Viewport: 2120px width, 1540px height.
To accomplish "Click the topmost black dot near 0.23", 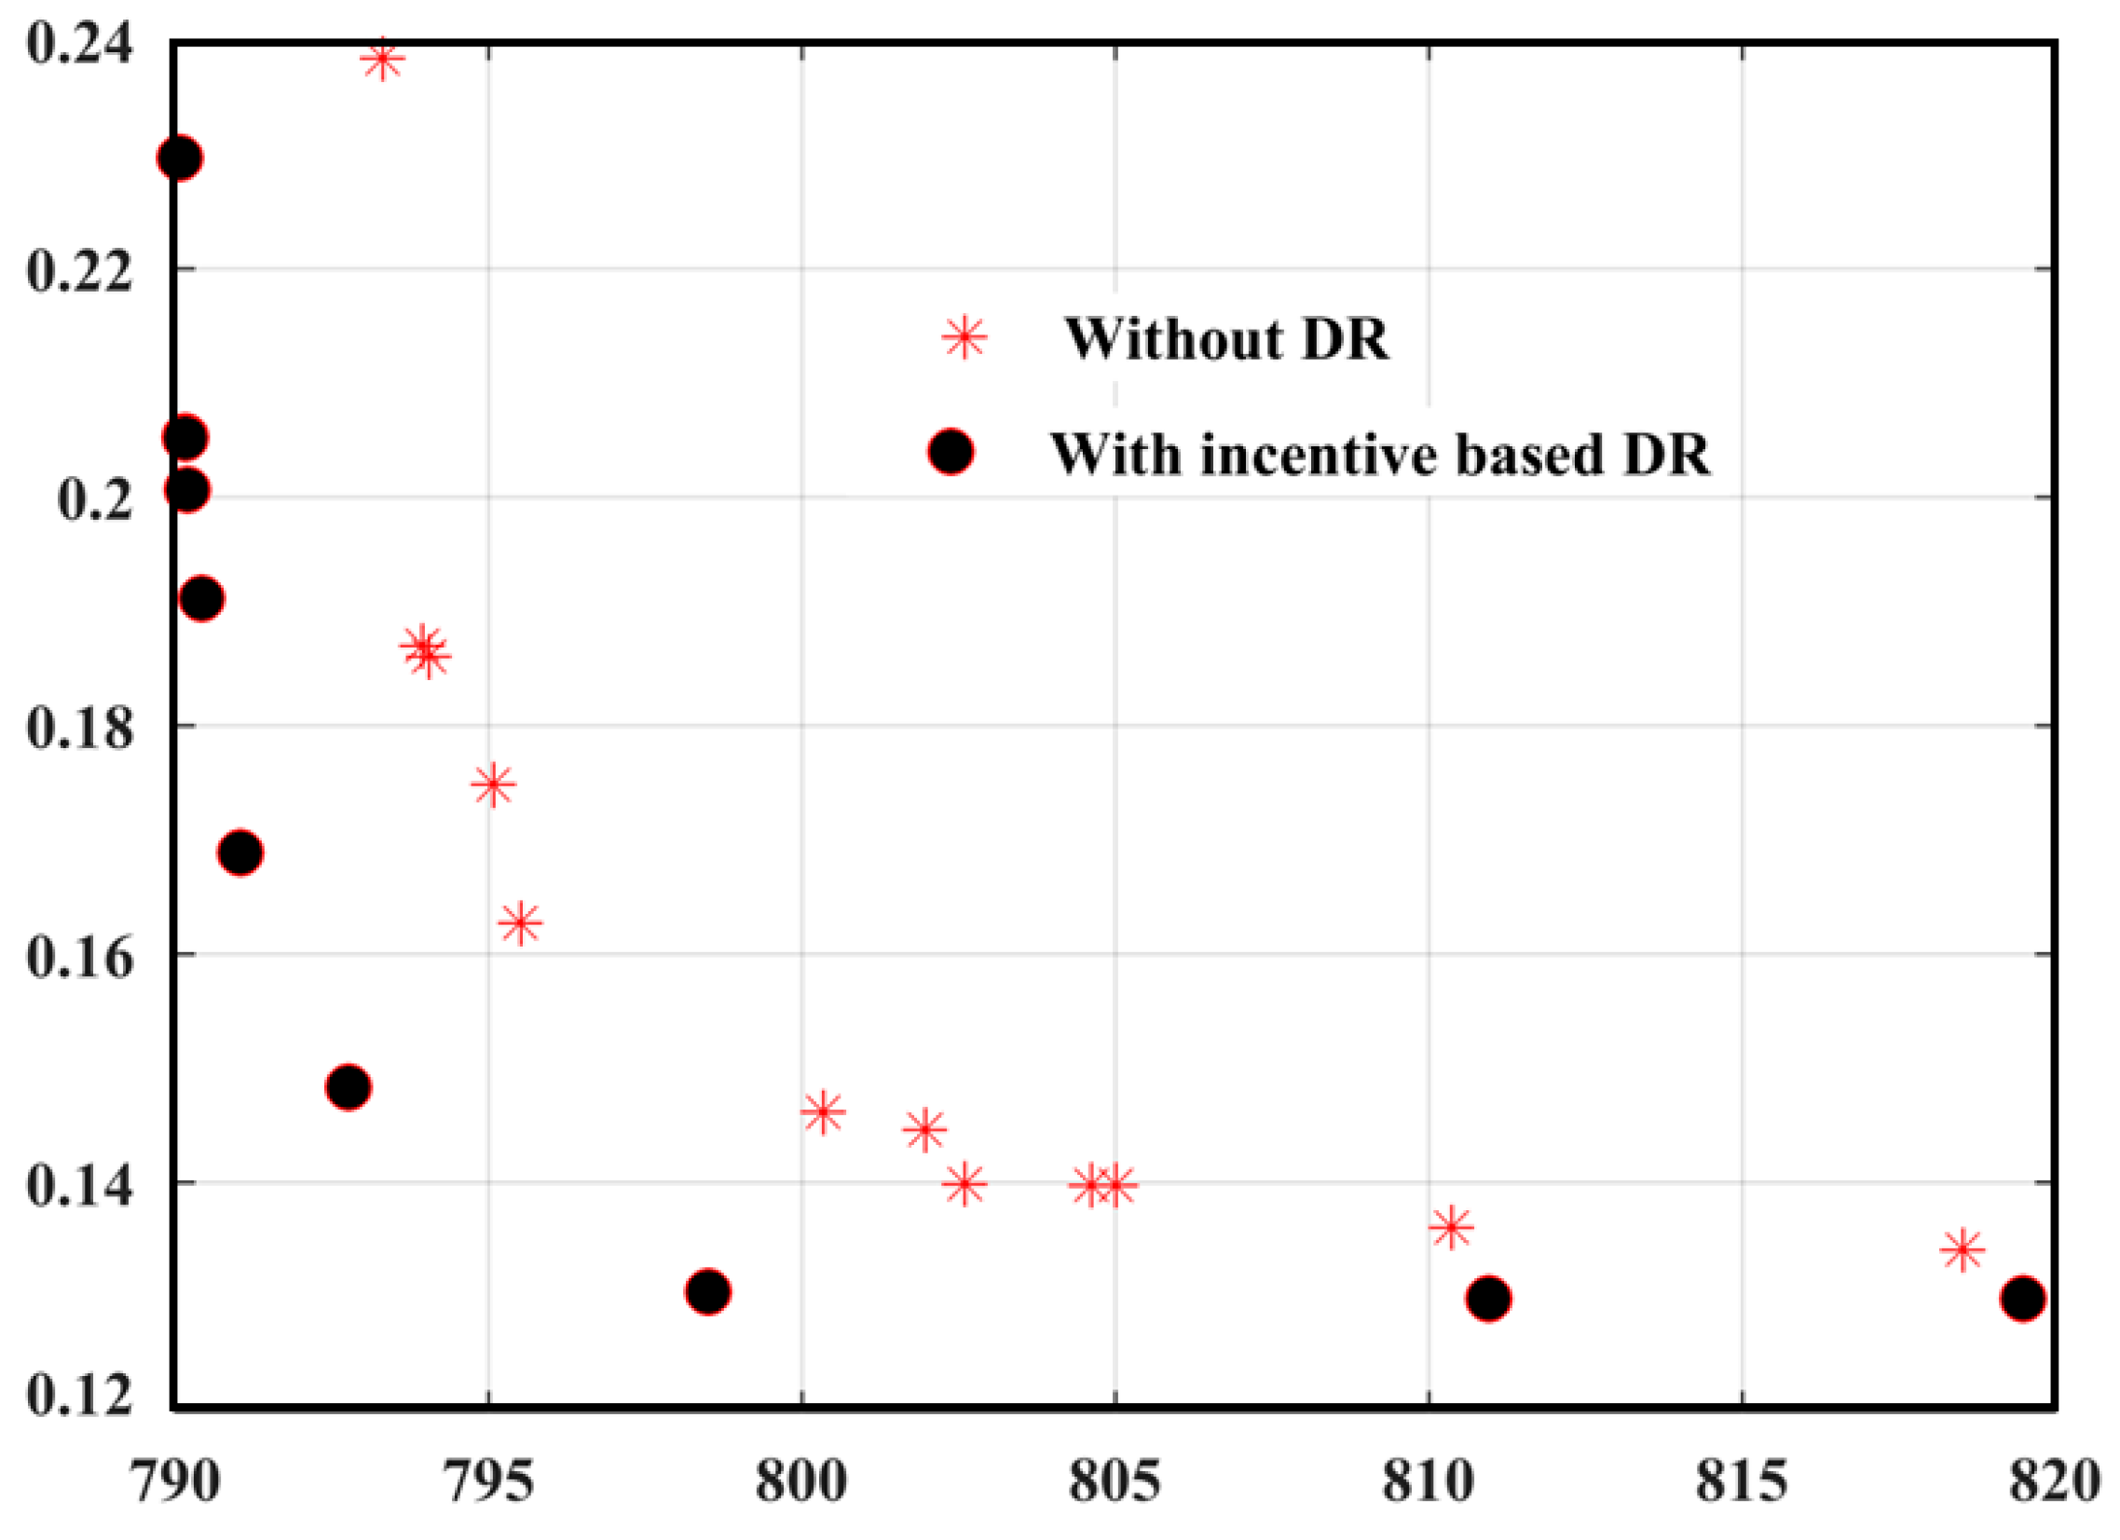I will click(180, 158).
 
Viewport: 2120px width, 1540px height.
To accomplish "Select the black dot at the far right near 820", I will click(2022, 1298).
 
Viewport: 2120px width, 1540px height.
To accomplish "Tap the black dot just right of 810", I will click(1488, 1298).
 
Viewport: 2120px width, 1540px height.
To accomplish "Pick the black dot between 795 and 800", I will click(707, 1292).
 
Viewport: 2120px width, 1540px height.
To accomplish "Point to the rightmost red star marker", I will click(1961, 1249).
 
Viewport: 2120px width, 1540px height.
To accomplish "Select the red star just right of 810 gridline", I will click(1451, 1227).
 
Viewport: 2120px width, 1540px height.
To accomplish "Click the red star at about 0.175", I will click(494, 785).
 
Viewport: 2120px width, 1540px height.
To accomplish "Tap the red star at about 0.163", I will click(521, 923).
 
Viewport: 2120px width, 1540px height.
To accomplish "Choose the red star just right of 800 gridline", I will click(823, 1112).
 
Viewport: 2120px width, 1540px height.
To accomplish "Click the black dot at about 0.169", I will click(240, 852).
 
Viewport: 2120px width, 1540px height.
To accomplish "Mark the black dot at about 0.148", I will click(349, 1087).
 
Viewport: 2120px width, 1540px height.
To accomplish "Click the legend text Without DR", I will click(1226, 338).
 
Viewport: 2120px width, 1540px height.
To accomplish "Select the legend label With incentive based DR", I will click(1380, 455).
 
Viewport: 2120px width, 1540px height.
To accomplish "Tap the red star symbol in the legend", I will click(964, 336).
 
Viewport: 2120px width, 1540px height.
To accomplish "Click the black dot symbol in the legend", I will click(951, 452).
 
